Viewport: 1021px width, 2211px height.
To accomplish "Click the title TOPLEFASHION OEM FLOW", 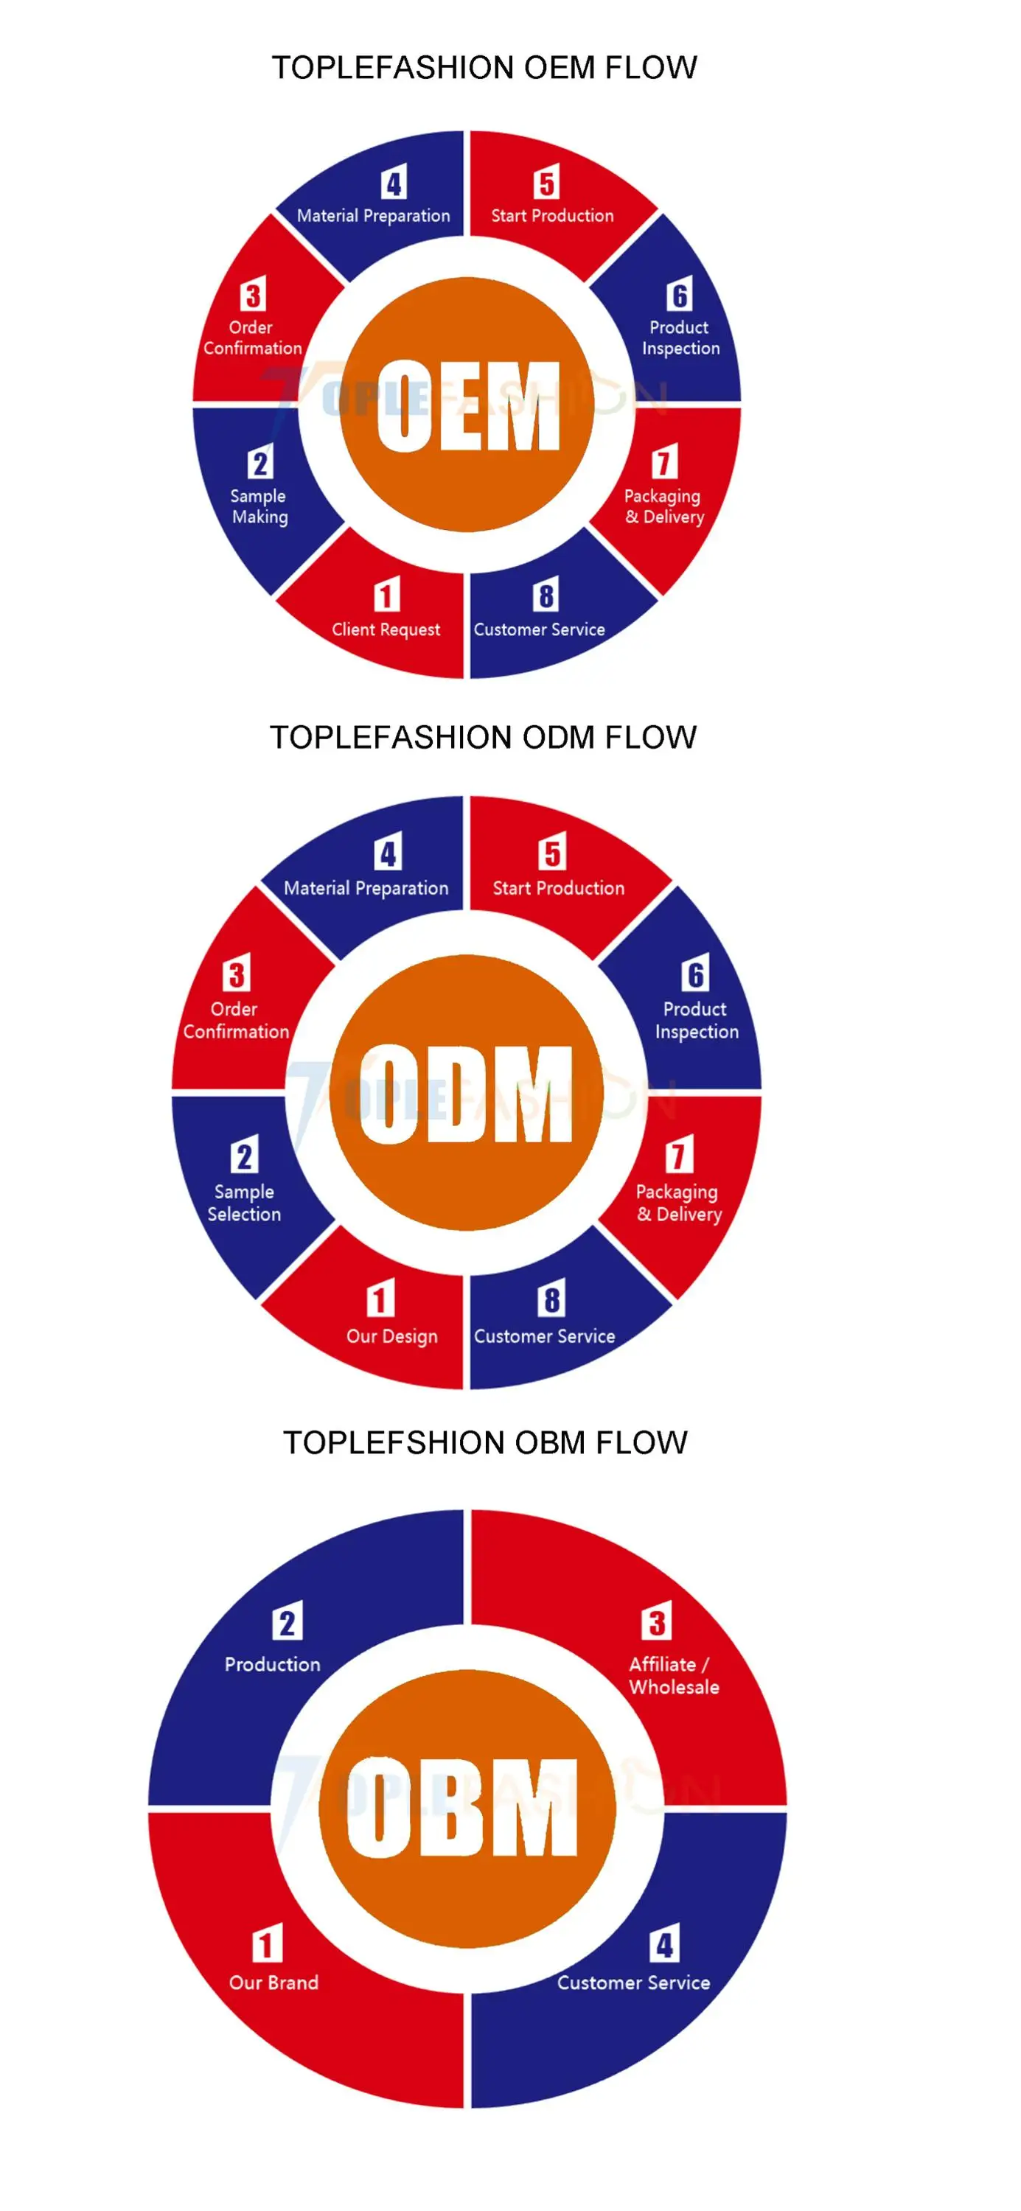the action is click(484, 68).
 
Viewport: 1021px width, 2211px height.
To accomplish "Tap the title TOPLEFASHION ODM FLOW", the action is click(483, 737).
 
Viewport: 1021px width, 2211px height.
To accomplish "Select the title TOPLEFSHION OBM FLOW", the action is click(485, 1443).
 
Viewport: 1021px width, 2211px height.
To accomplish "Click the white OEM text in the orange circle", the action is click(468, 405).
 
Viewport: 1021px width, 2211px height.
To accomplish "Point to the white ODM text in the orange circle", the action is click(467, 1094).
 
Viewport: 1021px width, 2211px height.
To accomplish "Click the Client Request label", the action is click(386, 629).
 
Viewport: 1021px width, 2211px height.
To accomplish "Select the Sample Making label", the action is click(259, 506).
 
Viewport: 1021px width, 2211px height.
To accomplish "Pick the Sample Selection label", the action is click(244, 1203).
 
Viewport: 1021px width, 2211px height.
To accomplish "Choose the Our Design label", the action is click(391, 1336).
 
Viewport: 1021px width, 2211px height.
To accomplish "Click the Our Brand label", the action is click(273, 1982).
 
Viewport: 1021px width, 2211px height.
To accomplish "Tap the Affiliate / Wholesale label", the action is click(673, 1674).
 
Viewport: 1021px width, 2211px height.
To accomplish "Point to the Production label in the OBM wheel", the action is click(272, 1663).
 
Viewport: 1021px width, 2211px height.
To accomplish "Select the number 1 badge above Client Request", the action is click(386, 595).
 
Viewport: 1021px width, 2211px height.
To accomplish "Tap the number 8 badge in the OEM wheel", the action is click(546, 595).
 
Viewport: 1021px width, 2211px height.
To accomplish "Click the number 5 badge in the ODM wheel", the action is click(552, 852).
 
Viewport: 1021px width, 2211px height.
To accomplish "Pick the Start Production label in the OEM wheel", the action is click(552, 215).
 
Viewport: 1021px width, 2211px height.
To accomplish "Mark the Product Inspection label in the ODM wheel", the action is click(697, 1020).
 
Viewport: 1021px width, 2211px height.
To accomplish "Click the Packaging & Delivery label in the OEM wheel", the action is click(663, 506).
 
